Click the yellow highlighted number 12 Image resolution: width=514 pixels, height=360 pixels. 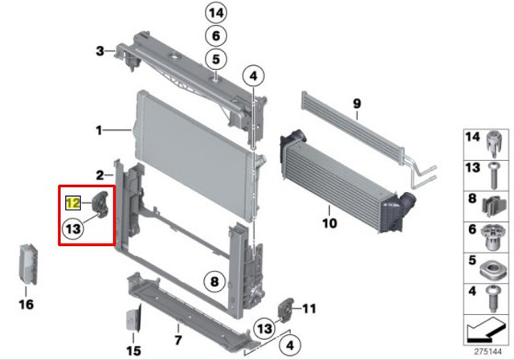pos(73,203)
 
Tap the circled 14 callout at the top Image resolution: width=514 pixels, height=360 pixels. pos(216,13)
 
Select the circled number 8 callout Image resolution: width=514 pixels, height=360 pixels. pos(214,281)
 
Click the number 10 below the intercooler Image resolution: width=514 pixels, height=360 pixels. pos(329,223)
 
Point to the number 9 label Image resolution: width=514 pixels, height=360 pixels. pos(357,104)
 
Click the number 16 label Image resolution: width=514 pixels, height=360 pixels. pos(27,305)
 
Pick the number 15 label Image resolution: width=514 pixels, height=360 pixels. pos(134,351)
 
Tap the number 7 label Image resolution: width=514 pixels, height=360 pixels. pos(178,340)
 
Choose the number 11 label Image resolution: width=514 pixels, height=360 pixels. pos(308,309)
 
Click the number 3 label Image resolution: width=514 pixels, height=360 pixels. pos(100,51)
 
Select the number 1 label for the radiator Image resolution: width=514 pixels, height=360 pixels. pos(99,131)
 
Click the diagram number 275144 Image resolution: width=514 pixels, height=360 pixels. pos(488,352)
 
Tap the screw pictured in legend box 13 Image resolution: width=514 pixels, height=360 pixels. pos(494,175)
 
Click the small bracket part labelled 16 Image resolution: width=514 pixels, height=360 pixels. pos(28,264)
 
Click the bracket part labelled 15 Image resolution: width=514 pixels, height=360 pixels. pos(134,318)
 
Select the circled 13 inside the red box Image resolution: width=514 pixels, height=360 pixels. pos(73,228)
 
